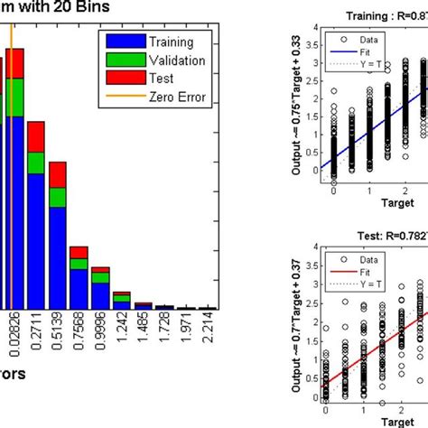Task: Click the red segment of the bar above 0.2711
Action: tap(36, 136)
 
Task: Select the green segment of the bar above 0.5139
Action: tap(58, 198)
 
